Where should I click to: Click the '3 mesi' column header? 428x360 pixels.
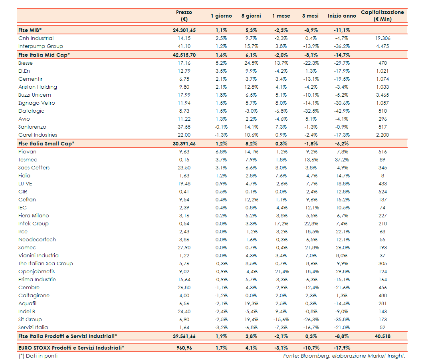tap(310, 16)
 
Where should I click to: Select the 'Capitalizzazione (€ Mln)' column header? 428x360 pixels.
tap(382, 16)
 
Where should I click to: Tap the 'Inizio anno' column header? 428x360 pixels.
tap(342, 16)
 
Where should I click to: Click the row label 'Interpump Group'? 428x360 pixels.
tap(40, 46)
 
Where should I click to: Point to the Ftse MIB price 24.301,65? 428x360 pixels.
tap(184, 30)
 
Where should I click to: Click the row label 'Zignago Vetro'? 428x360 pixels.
tap(37, 103)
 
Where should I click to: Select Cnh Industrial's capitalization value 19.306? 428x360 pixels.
tap(382, 38)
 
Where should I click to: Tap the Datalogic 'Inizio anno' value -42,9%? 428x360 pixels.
tap(342, 111)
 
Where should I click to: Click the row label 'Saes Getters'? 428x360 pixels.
tap(34, 168)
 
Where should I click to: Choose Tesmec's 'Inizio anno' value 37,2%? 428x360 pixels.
tap(342, 160)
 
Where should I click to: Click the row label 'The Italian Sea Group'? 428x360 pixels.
tap(46, 264)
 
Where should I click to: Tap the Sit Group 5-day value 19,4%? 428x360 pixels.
tap(251, 320)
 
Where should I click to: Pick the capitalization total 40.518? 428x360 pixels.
tap(382, 336)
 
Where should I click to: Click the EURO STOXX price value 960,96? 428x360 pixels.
tap(184, 348)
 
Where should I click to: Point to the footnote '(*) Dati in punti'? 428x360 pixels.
tap(38, 356)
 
